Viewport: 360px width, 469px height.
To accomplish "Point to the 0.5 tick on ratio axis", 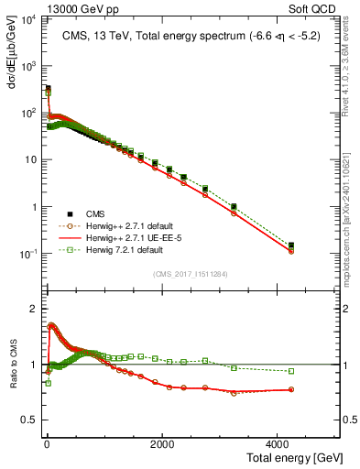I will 29,420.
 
